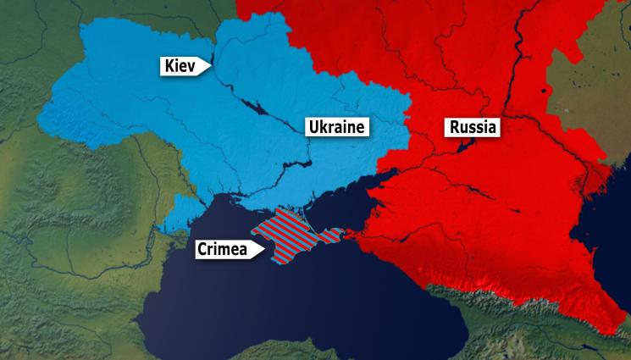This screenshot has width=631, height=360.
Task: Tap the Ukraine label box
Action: point(336,128)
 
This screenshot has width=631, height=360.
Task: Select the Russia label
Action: point(472,128)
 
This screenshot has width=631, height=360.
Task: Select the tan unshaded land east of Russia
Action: point(593,93)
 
